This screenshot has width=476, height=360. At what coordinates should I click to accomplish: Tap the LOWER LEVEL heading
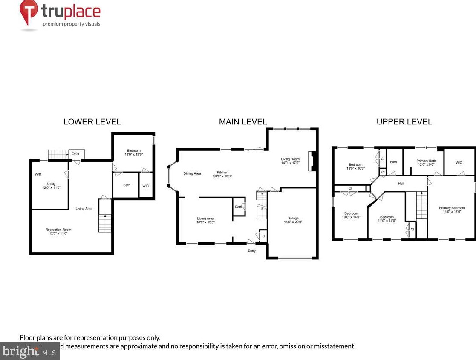(x=92, y=122)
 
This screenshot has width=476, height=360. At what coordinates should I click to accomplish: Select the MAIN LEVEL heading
(x=243, y=122)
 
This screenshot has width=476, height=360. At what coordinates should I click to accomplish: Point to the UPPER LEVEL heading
(x=404, y=122)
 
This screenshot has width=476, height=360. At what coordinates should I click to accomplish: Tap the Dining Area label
(x=192, y=173)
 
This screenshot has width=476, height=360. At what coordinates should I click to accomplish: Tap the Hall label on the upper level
(x=401, y=184)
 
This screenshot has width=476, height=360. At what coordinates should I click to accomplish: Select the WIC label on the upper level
(x=459, y=162)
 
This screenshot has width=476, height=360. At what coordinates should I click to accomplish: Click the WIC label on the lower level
(x=146, y=185)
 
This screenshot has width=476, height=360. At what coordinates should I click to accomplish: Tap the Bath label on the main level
(x=238, y=207)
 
